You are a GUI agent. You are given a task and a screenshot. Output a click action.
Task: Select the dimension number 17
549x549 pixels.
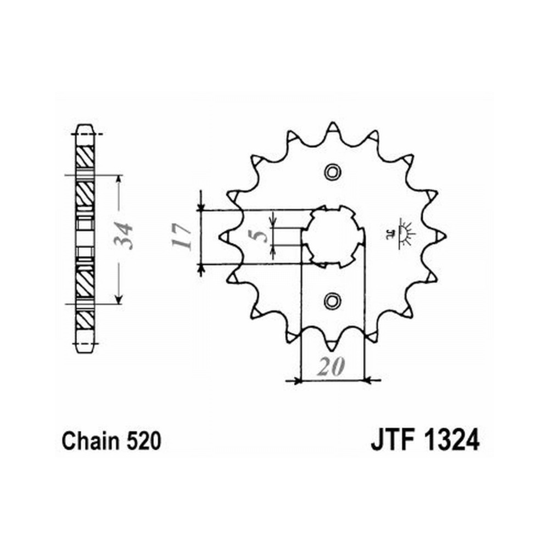click(x=182, y=237)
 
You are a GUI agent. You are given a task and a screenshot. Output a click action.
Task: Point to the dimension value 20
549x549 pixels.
click(x=331, y=367)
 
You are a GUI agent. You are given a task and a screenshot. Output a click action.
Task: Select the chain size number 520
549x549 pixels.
click(x=143, y=441)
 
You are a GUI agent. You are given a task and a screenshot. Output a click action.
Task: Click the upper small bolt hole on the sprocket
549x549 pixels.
click(x=332, y=171)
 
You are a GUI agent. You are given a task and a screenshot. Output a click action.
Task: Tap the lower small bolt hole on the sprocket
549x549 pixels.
click(x=332, y=301)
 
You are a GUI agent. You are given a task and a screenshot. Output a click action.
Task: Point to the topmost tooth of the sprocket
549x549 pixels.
click(x=333, y=128)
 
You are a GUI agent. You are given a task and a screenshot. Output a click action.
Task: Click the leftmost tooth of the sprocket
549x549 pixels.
click(x=226, y=237)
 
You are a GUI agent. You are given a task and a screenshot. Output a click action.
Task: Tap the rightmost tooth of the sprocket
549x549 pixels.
click(x=439, y=236)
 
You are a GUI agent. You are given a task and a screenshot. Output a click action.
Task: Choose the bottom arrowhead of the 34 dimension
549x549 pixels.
click(x=119, y=299)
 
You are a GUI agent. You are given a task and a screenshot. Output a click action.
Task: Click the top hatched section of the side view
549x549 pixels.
click(x=85, y=156)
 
